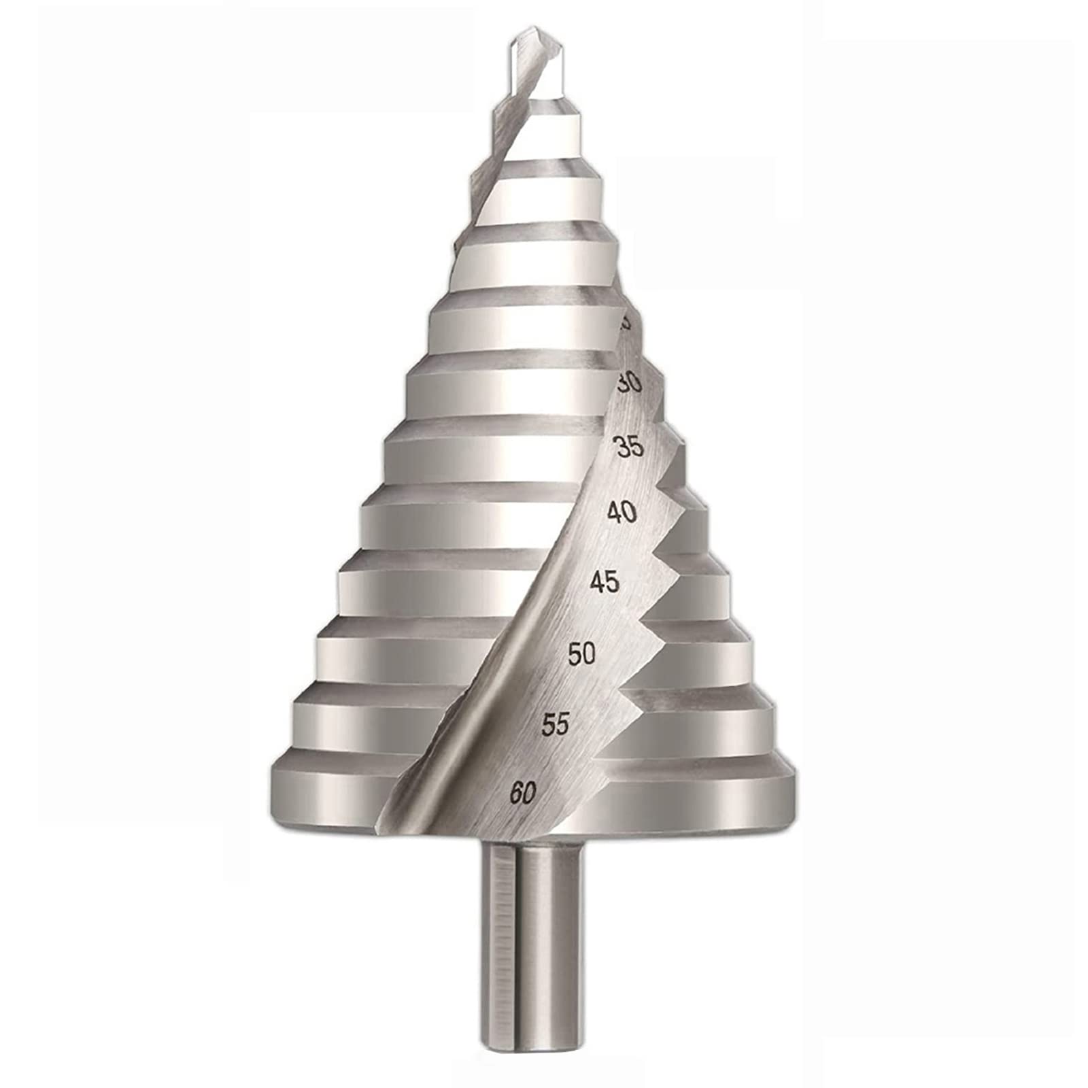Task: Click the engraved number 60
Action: (x=523, y=793)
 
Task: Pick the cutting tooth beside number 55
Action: (x=612, y=748)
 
